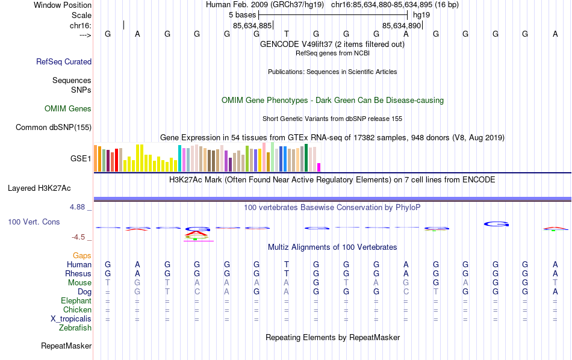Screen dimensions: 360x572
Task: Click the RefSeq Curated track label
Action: point(64,61)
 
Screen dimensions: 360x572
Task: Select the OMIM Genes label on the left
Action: point(68,109)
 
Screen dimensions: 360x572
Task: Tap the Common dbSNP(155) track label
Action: point(54,127)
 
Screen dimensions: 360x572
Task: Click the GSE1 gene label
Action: point(81,159)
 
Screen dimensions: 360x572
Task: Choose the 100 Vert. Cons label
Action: point(34,222)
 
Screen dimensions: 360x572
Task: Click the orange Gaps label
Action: point(82,256)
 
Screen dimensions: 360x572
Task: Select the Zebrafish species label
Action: point(75,328)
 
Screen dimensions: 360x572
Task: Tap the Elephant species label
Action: point(76,300)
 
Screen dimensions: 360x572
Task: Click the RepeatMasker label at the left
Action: point(66,346)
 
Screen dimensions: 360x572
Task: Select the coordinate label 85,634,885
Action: point(252,25)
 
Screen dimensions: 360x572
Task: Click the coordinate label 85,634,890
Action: point(402,25)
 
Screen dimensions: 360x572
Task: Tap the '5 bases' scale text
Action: point(242,14)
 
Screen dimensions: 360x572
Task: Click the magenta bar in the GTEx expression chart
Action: point(319,167)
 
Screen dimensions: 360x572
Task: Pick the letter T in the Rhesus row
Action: point(287,273)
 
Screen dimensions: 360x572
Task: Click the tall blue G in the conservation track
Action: point(497,224)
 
